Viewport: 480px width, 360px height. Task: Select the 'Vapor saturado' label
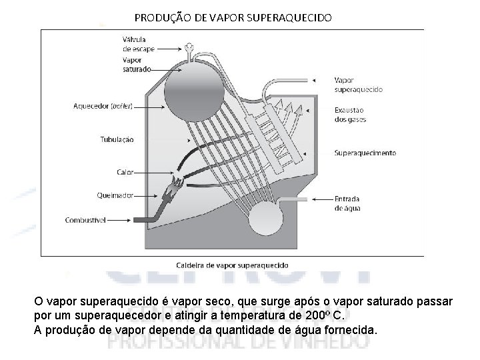[x=136, y=64]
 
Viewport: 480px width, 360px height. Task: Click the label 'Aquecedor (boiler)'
[x=104, y=105]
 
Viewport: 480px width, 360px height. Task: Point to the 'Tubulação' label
[x=116, y=139]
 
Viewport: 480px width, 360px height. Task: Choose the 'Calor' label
[x=125, y=172]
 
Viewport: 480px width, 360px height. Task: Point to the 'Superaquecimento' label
[x=365, y=153]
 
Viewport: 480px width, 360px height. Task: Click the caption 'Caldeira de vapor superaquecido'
[x=231, y=265]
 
